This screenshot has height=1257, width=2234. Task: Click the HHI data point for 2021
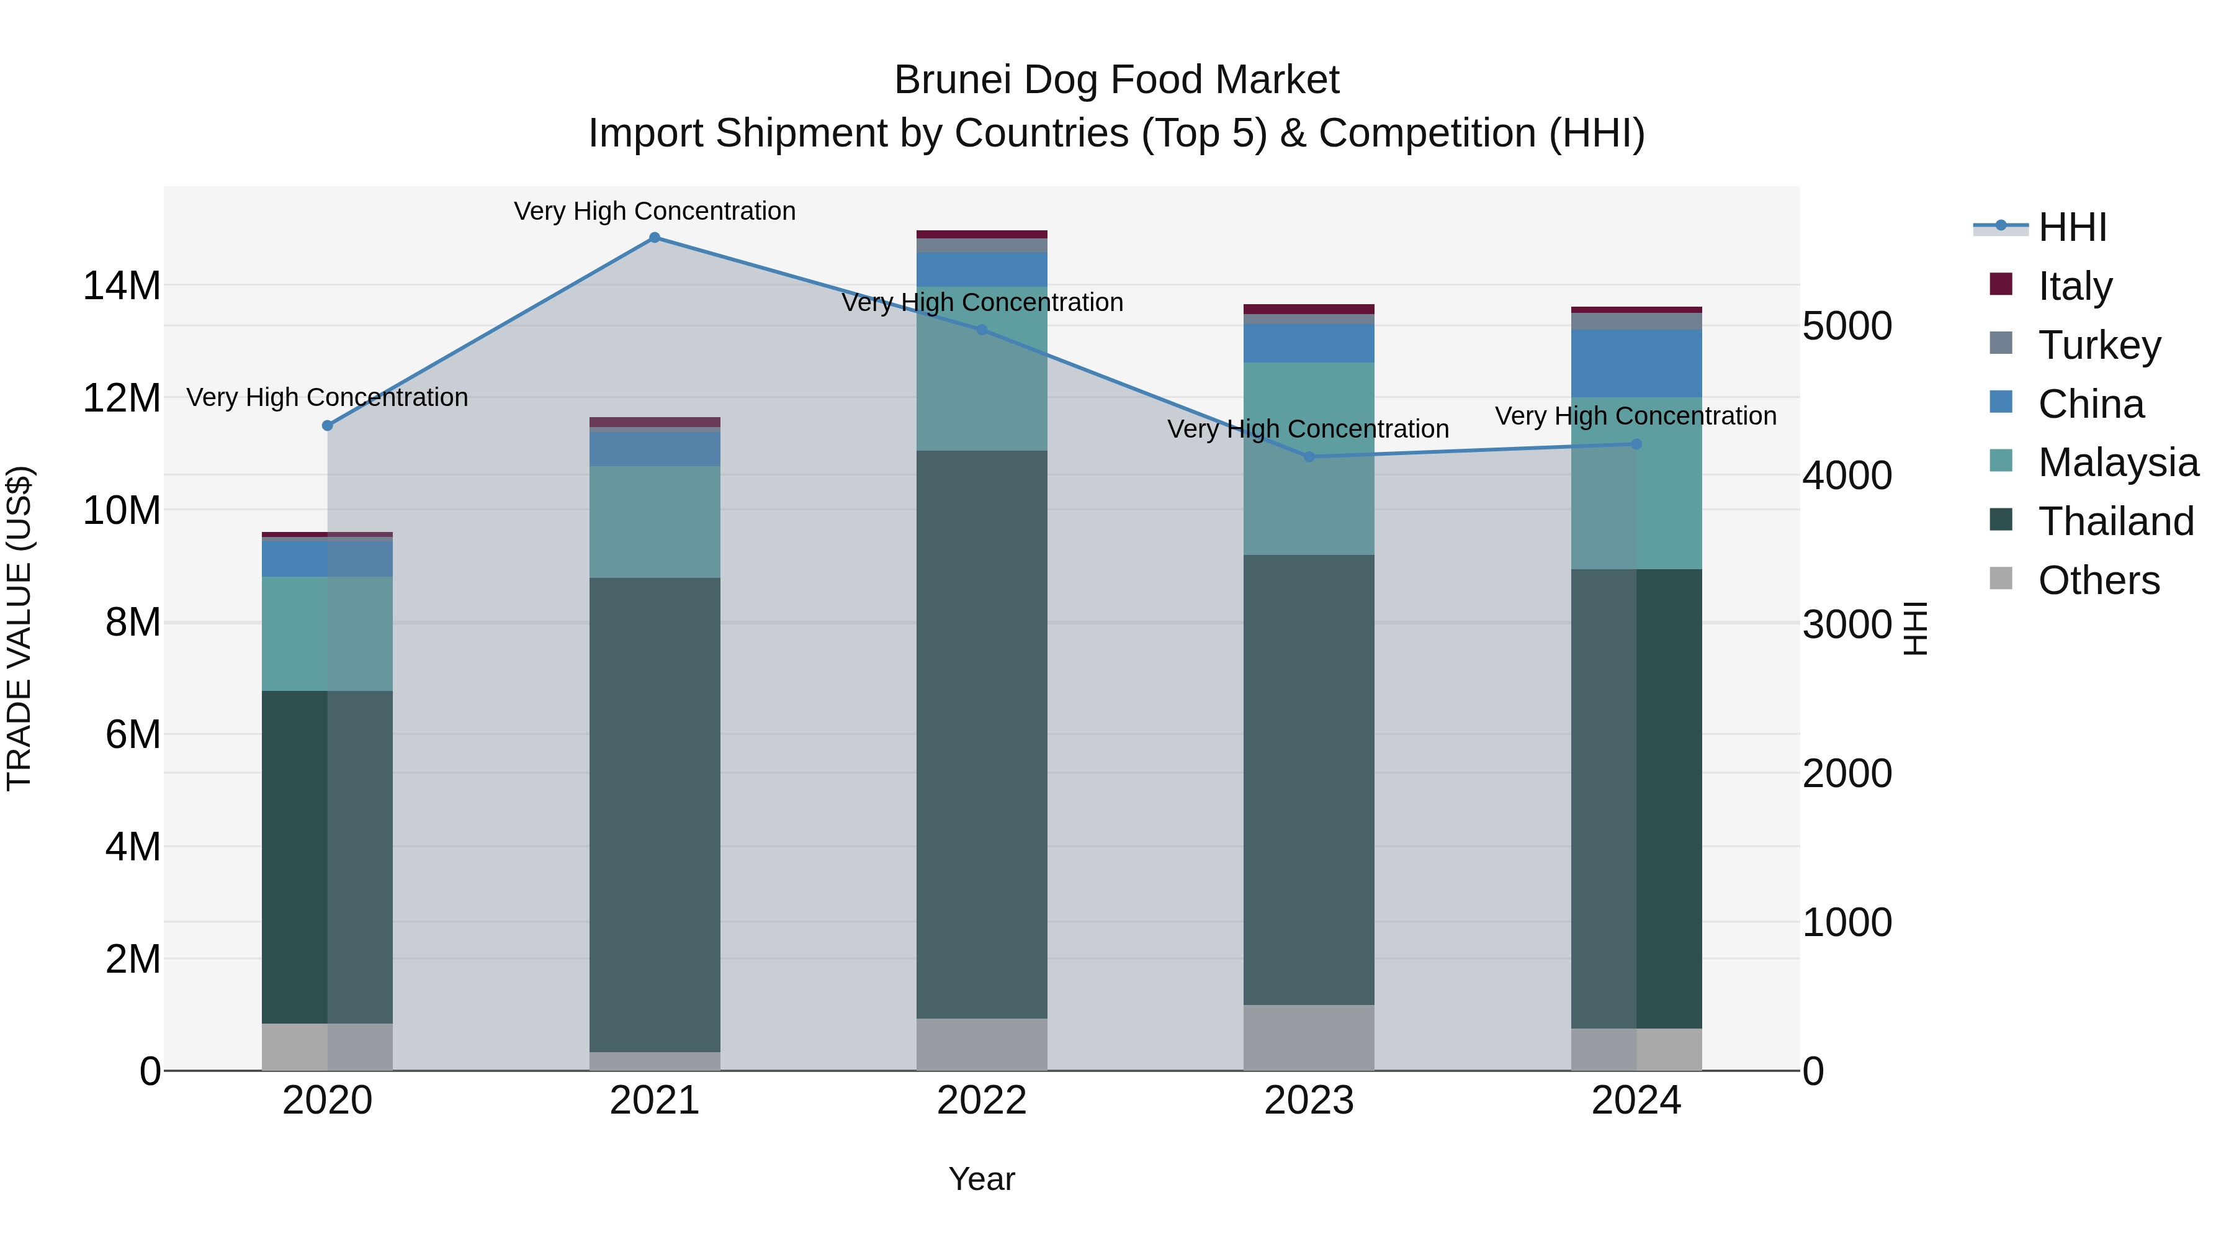pyautogui.click(x=655, y=238)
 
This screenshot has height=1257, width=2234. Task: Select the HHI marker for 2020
pyautogui.click(x=327, y=426)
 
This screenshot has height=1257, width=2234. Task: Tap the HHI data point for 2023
pyautogui.click(x=1309, y=456)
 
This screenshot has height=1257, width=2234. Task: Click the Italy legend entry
pyautogui.click(x=2075, y=286)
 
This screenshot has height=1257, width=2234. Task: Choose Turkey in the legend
pyautogui.click(x=2099, y=345)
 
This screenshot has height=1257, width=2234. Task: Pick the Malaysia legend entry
pyautogui.click(x=2118, y=462)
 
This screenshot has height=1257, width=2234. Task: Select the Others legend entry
pyautogui.click(x=2099, y=580)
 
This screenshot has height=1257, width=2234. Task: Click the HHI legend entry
pyautogui.click(x=2072, y=227)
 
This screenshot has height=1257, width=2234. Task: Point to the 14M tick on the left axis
pyautogui.click(x=122, y=286)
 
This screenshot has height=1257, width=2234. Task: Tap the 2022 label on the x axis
pyautogui.click(x=982, y=1101)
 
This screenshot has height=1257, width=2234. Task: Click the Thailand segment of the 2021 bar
pyautogui.click(x=655, y=816)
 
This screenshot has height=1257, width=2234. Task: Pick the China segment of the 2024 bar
pyautogui.click(x=1636, y=364)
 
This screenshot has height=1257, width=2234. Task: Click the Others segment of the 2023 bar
pyautogui.click(x=1309, y=1037)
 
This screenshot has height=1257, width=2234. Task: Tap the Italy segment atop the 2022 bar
pyautogui.click(x=982, y=234)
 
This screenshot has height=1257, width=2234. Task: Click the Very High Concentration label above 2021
pyautogui.click(x=655, y=211)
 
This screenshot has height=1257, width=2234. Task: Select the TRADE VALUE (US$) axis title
pyautogui.click(x=19, y=628)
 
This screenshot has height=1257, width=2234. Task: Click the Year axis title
pyautogui.click(x=982, y=1179)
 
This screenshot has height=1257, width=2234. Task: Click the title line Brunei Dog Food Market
pyautogui.click(x=1116, y=80)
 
